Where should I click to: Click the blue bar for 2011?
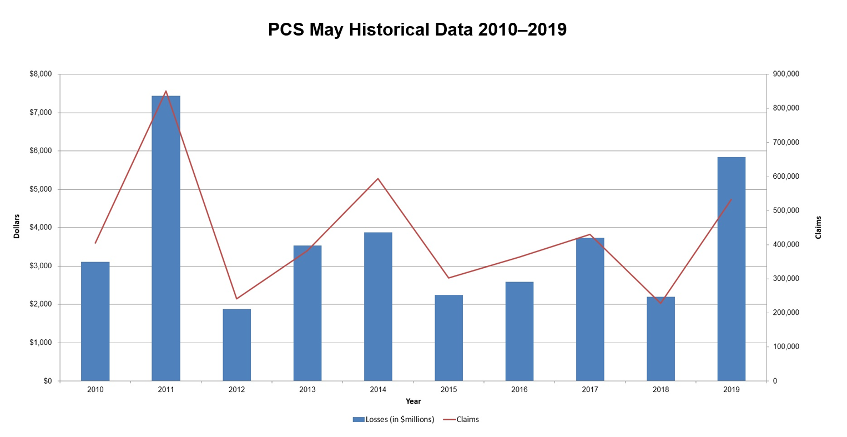(166, 239)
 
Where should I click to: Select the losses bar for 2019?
(731, 269)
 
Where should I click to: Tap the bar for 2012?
(236, 345)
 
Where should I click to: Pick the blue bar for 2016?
(519, 331)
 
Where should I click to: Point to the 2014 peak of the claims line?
(378, 179)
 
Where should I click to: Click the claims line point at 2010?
(95, 243)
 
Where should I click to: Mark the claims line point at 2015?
(448, 278)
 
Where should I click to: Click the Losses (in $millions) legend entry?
(394, 419)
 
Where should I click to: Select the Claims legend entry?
(467, 419)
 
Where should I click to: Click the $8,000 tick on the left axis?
(41, 74)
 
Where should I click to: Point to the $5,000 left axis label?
(41, 189)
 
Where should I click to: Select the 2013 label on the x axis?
(307, 390)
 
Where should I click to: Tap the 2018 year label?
(661, 390)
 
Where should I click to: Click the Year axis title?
(413, 401)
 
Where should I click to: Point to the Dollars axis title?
(17, 227)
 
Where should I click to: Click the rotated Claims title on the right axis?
(818, 228)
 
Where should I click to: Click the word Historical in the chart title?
(410, 29)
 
